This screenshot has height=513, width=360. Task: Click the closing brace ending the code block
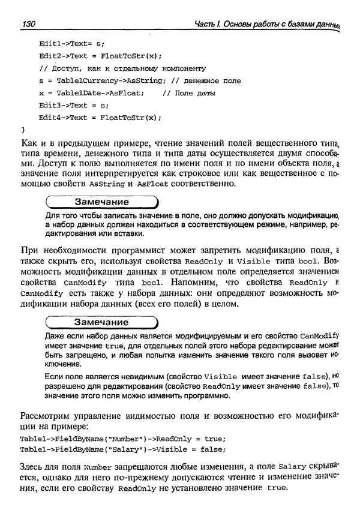[x=23, y=129]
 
